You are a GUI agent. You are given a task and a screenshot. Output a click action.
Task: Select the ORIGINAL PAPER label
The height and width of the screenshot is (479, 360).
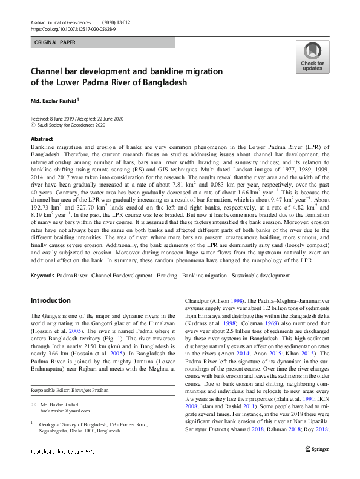[56, 43]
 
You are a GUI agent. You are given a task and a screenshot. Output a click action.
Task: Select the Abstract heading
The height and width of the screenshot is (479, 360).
[42, 139]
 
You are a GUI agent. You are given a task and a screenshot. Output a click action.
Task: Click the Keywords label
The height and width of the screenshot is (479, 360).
[42, 275]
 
